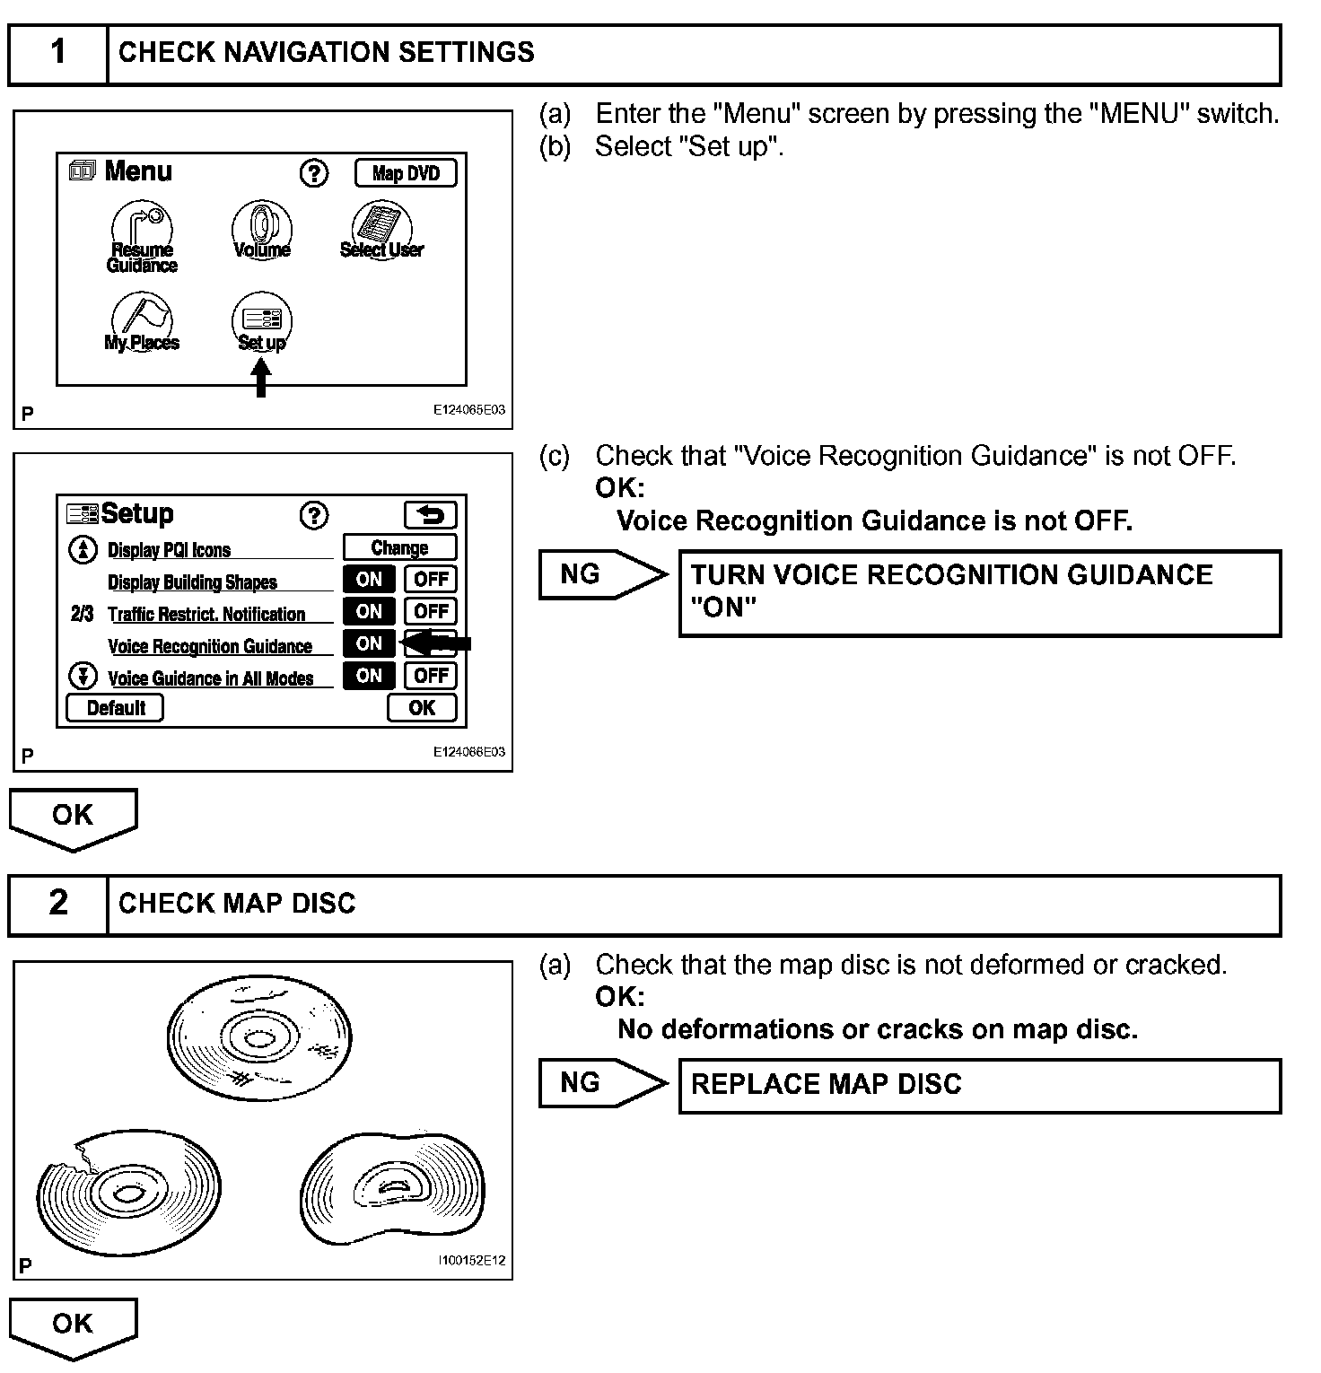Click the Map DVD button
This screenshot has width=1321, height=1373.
(x=406, y=173)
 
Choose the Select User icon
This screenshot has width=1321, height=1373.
(x=381, y=230)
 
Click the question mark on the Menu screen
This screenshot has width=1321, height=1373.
(x=313, y=173)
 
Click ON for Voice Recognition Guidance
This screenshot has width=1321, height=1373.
(x=369, y=643)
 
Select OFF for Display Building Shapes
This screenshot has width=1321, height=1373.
(x=431, y=579)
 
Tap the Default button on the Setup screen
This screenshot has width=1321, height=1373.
(x=116, y=708)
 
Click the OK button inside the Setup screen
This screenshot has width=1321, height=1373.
(x=422, y=708)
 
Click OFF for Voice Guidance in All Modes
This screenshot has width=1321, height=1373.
(x=431, y=676)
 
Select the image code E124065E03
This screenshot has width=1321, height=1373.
(x=468, y=410)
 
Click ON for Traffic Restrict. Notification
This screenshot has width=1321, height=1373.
(x=369, y=611)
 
